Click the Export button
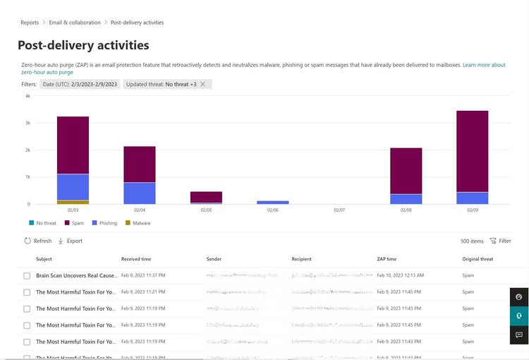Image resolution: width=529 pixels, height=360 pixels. coord(70,241)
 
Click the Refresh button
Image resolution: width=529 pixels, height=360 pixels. coord(38,241)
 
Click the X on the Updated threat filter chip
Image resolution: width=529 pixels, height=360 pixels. coord(203,84)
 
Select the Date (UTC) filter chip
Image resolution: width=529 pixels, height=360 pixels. coord(80,84)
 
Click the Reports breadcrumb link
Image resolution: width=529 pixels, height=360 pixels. coord(30,23)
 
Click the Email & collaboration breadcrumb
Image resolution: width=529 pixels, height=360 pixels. coord(75,23)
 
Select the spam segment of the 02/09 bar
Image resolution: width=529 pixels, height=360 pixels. coord(472,151)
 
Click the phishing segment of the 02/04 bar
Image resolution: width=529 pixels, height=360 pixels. coord(140,193)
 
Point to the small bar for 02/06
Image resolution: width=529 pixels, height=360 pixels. coord(273,202)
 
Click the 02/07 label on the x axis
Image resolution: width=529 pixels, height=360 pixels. coord(339,210)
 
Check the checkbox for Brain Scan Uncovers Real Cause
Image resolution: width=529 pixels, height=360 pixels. coord(27,275)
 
